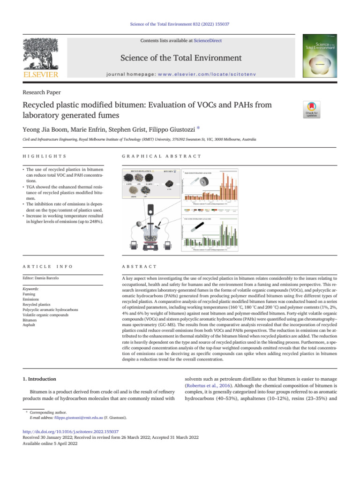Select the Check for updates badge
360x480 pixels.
312,111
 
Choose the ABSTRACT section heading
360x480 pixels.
139,266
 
